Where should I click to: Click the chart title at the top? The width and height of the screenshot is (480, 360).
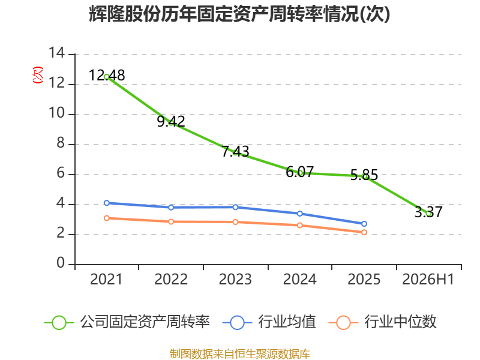click(x=239, y=14)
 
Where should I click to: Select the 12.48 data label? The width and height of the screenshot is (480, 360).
click(x=107, y=76)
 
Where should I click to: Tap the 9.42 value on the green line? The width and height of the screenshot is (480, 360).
click(x=171, y=121)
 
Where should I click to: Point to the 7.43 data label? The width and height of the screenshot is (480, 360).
click(x=235, y=151)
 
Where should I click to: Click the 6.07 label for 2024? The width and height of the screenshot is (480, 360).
click(x=299, y=172)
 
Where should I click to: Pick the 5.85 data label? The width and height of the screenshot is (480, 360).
click(x=364, y=175)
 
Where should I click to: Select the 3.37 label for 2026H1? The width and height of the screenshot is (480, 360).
click(x=428, y=212)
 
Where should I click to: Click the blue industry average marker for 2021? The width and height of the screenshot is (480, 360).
click(x=107, y=203)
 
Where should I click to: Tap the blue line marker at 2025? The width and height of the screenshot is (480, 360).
click(x=364, y=224)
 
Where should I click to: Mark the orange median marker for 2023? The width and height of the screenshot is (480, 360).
click(x=235, y=222)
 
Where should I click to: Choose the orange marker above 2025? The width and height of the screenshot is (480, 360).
click(x=364, y=232)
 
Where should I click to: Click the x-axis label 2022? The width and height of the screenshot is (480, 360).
click(x=171, y=279)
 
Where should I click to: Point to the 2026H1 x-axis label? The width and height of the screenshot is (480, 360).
click(x=428, y=279)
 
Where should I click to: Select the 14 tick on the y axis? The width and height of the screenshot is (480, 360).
click(x=56, y=53)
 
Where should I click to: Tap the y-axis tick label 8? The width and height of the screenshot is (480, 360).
click(x=61, y=143)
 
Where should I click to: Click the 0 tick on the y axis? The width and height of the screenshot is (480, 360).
click(x=61, y=263)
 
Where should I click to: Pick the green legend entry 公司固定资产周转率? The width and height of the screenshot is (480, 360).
click(x=127, y=322)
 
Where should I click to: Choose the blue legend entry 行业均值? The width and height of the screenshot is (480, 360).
click(x=269, y=322)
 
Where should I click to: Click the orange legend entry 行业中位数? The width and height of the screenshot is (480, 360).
click(x=382, y=322)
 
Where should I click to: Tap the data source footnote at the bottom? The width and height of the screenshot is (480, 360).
click(x=240, y=354)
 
